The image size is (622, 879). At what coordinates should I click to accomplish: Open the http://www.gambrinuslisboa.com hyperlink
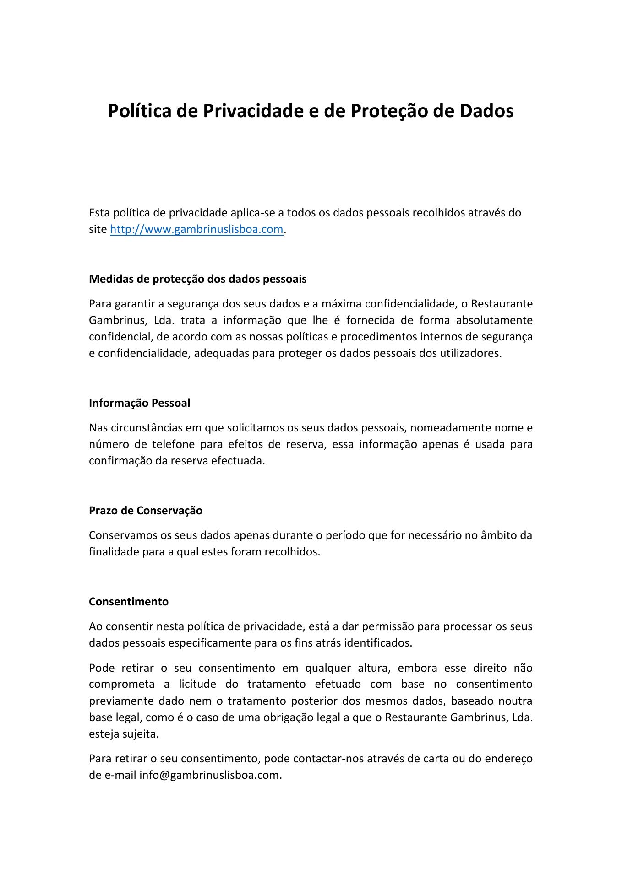(196, 229)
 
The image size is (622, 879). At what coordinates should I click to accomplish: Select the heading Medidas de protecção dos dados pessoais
(197, 279)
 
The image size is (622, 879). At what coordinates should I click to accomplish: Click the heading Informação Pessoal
(139, 403)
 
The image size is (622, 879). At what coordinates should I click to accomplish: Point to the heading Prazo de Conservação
(146, 511)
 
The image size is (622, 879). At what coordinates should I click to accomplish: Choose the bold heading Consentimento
(129, 602)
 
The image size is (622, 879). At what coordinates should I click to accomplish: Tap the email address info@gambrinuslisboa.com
(209, 775)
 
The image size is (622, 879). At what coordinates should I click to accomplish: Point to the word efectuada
(238, 461)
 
